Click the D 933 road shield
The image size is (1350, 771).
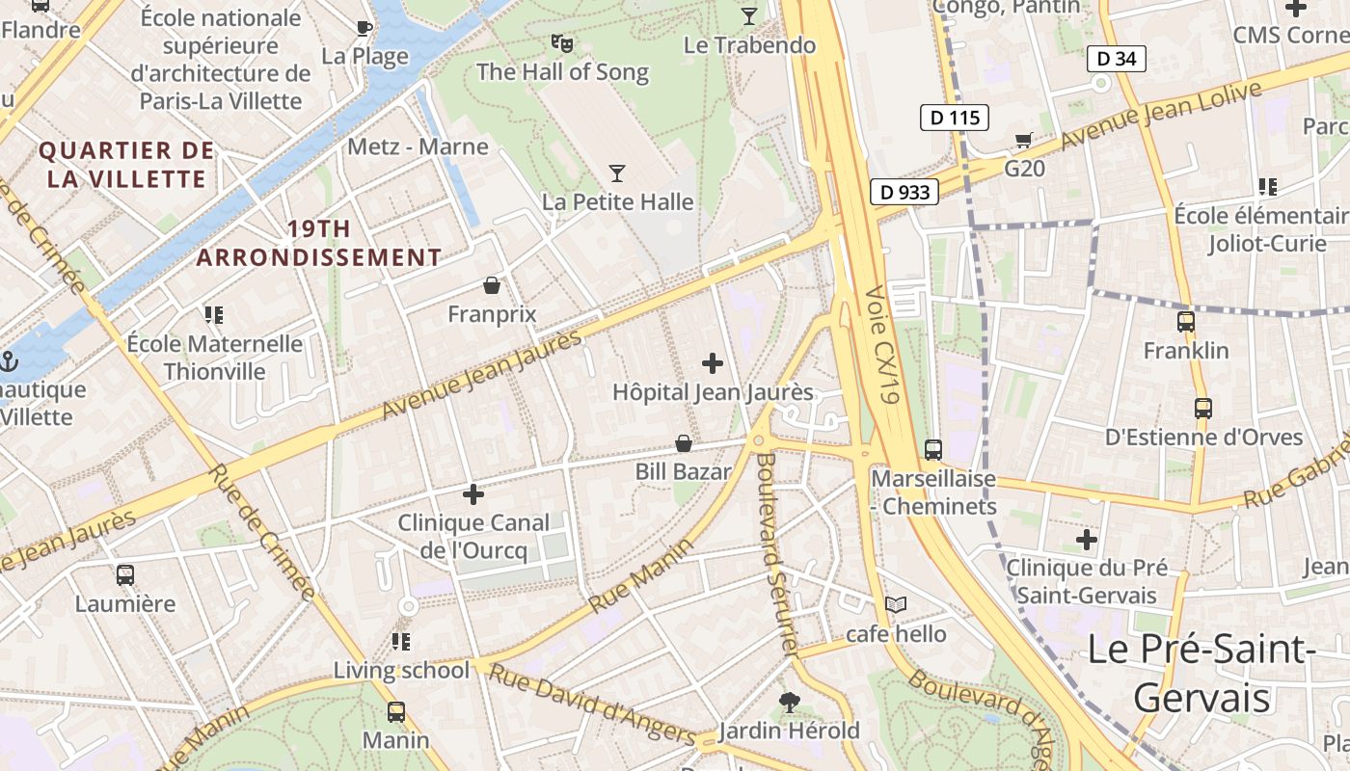905,192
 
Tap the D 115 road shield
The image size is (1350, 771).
955,119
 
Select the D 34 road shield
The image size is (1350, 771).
1117,59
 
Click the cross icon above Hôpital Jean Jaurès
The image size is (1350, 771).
713,363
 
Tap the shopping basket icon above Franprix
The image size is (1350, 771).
492,285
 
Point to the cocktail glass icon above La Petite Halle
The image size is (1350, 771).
617,173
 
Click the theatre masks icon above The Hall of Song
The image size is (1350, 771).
562,42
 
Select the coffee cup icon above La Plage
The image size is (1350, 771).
364,28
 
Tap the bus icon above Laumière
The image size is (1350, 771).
125,575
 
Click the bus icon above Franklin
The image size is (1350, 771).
1186,322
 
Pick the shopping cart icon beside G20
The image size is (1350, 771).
1023,141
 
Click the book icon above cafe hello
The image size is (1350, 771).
896,604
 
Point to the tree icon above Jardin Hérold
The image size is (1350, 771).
789,702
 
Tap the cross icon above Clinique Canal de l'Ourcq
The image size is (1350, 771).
472,494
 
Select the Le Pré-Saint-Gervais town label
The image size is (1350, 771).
1201,673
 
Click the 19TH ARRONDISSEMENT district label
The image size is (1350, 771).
319,243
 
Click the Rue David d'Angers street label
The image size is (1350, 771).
592,705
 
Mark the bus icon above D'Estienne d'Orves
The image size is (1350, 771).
1202,409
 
